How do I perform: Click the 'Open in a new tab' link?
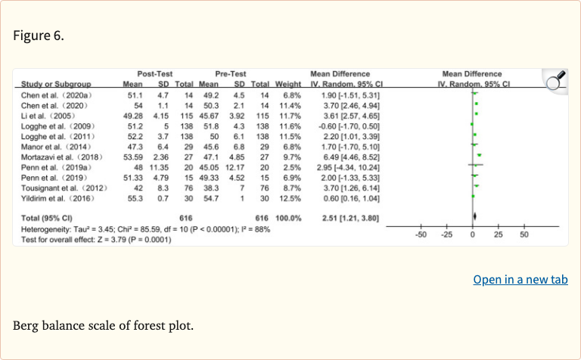tap(520, 280)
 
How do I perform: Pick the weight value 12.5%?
tap(291, 197)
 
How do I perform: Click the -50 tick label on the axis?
tap(421, 234)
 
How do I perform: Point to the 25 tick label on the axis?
tap(498, 234)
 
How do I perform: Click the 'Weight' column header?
tap(287, 83)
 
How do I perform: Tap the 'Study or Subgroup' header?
tap(56, 83)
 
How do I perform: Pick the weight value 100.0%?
tap(288, 218)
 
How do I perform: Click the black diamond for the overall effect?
tap(474, 218)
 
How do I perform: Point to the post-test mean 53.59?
tap(133, 156)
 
